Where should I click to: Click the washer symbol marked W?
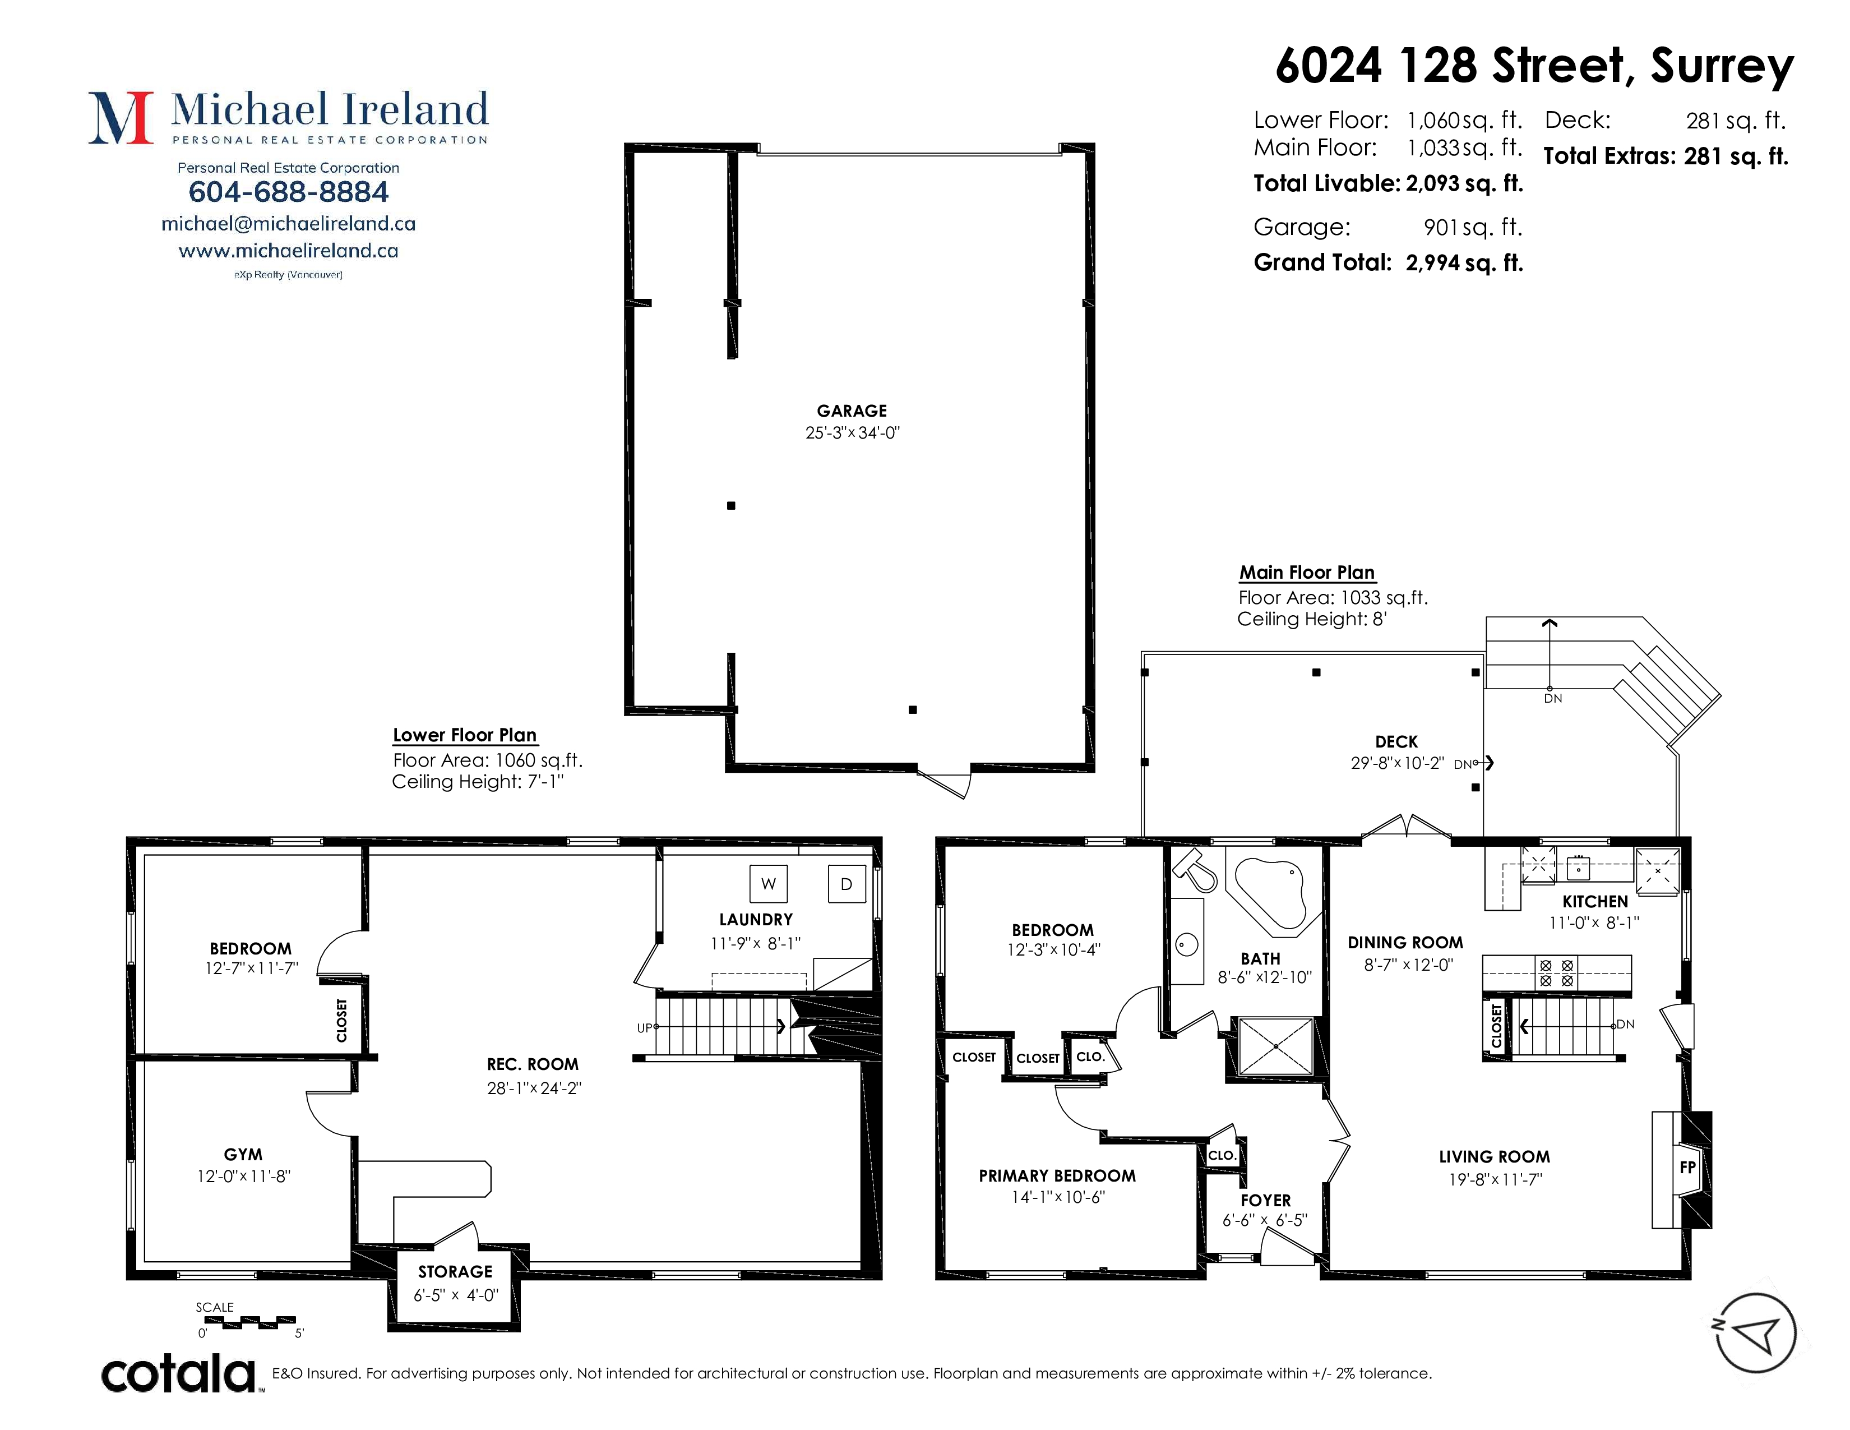click(768, 884)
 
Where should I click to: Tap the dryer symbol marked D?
click(846, 884)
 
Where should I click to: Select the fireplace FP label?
click(1687, 1168)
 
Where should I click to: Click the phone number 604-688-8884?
click(288, 192)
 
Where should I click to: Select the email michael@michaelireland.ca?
click(288, 224)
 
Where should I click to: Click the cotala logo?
click(179, 1373)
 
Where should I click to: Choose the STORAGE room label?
click(455, 1272)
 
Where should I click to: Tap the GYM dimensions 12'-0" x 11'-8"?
click(244, 1176)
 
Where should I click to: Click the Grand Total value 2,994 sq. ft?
click(1464, 262)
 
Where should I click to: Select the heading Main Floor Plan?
click(1307, 573)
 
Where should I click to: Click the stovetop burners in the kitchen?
click(1557, 972)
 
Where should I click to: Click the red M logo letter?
click(121, 118)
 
